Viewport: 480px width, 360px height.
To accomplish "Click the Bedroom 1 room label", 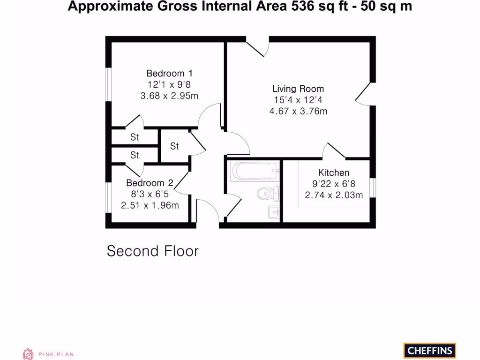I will tap(169, 74).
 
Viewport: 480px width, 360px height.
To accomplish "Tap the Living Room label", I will tap(298, 89).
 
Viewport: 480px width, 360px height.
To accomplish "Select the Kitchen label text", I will tap(334, 173).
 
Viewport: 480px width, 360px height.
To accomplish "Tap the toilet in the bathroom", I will tap(268, 193).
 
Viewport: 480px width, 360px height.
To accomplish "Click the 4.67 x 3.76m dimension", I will tap(298, 111).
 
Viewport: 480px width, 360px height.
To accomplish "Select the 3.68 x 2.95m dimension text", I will tap(169, 96).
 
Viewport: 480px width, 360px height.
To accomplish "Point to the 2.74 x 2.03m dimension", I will tap(334, 195).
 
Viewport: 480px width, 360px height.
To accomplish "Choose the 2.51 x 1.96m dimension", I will tap(150, 205).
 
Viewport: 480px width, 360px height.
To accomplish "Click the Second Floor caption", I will tap(153, 251).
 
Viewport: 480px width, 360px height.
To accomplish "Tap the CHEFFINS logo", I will tap(429, 350).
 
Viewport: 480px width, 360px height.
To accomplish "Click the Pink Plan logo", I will tap(48, 354).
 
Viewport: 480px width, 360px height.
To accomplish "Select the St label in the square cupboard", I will tap(174, 146).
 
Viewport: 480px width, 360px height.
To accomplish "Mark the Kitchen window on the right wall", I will tap(373, 187).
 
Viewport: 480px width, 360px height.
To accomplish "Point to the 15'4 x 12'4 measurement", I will tap(298, 100).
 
